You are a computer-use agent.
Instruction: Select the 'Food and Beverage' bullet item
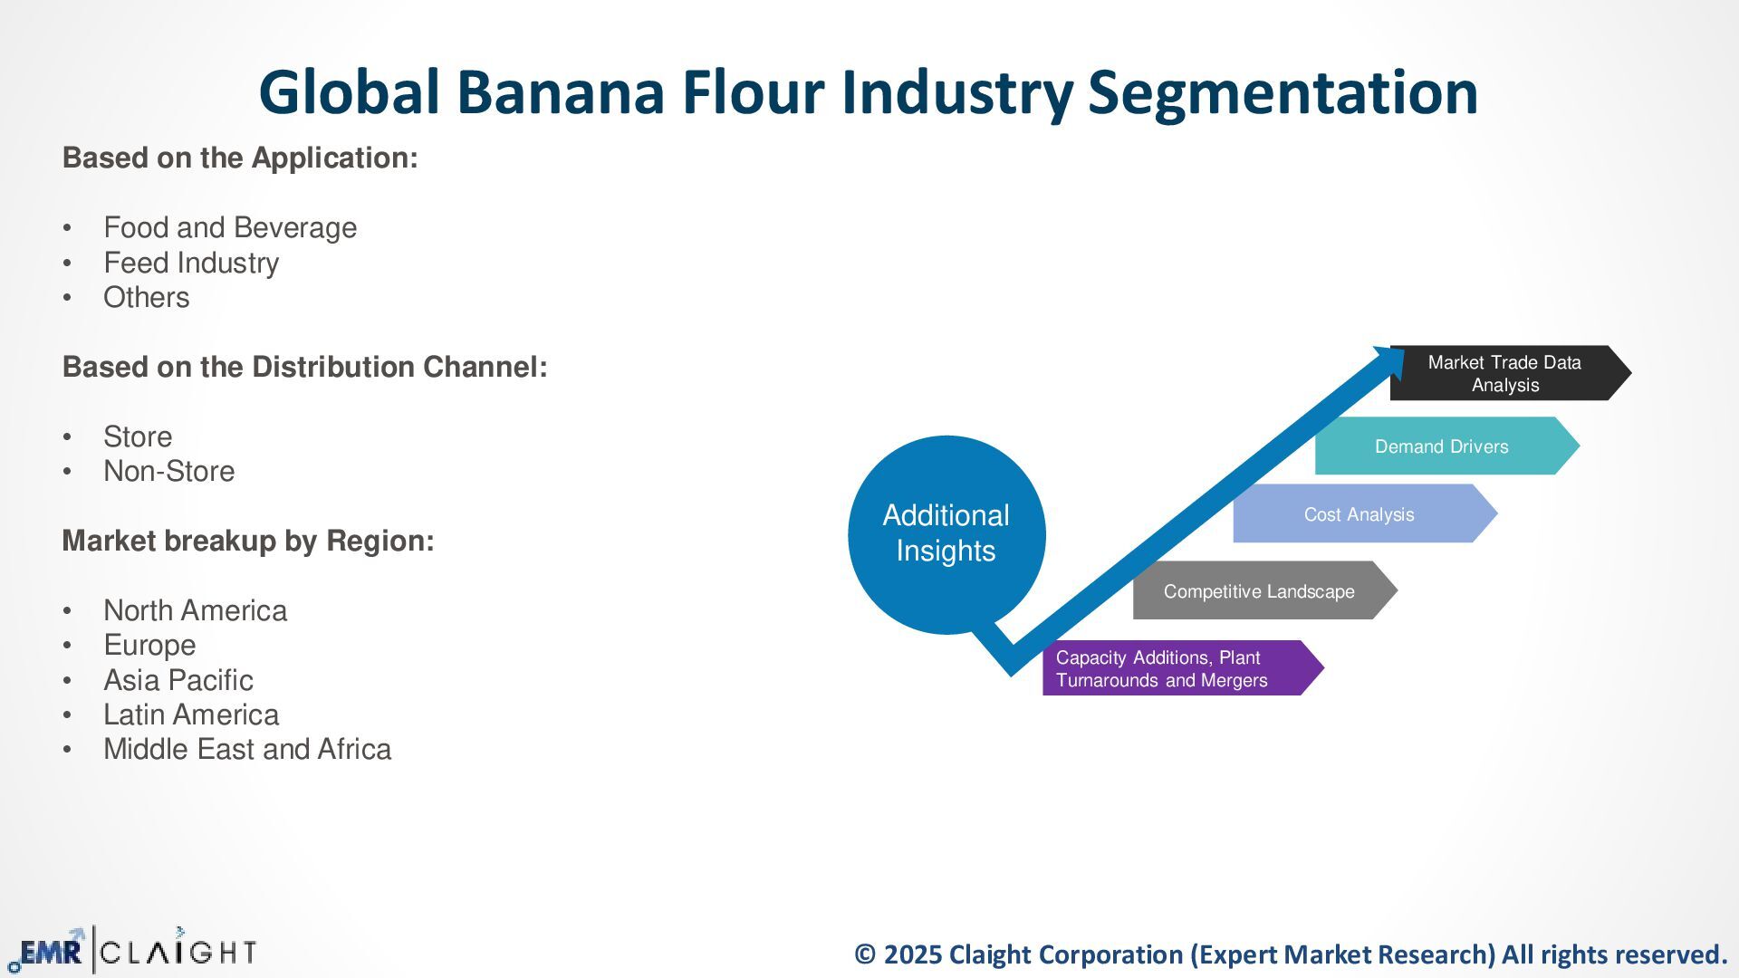point(230,227)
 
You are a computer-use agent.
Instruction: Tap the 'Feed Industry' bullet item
point(191,263)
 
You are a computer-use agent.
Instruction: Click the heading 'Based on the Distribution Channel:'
point(304,367)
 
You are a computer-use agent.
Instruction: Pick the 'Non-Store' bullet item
point(168,471)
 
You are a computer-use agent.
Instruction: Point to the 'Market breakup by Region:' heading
point(248,541)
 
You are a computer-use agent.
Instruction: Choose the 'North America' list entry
point(195,610)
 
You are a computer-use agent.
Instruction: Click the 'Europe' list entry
point(149,645)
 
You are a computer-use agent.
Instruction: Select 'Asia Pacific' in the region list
point(178,680)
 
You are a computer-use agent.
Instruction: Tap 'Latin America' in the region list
point(191,714)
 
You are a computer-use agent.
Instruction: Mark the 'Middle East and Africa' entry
point(247,749)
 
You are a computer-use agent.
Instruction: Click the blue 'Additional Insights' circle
point(946,533)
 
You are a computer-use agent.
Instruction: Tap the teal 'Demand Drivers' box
point(1441,446)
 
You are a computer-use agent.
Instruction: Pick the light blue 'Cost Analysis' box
point(1359,514)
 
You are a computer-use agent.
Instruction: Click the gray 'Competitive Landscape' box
point(1259,591)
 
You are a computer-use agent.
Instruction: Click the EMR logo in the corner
point(49,952)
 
